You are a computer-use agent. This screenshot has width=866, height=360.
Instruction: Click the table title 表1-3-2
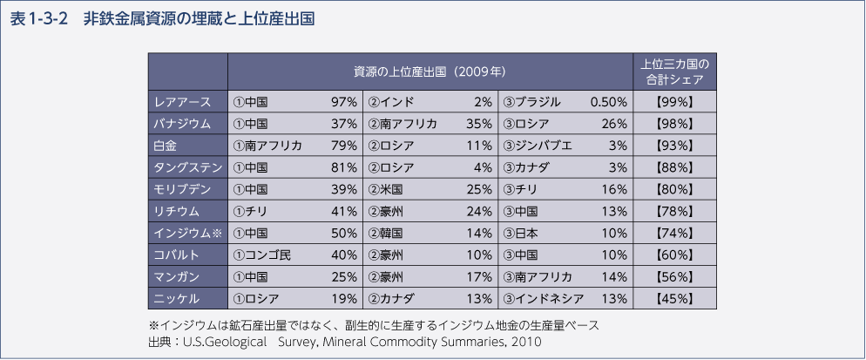click(38, 17)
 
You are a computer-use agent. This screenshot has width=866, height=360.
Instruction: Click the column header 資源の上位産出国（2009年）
click(430, 71)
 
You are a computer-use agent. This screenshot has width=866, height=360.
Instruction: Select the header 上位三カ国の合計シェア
click(675, 71)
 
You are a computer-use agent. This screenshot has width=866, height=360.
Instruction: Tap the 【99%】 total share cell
click(675, 102)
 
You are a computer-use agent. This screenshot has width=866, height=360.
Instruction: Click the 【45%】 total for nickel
click(675, 299)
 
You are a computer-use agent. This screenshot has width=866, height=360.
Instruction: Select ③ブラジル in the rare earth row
click(531, 102)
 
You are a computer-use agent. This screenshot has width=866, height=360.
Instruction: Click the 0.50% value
click(608, 102)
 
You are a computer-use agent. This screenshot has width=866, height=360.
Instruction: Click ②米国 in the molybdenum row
click(384, 189)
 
